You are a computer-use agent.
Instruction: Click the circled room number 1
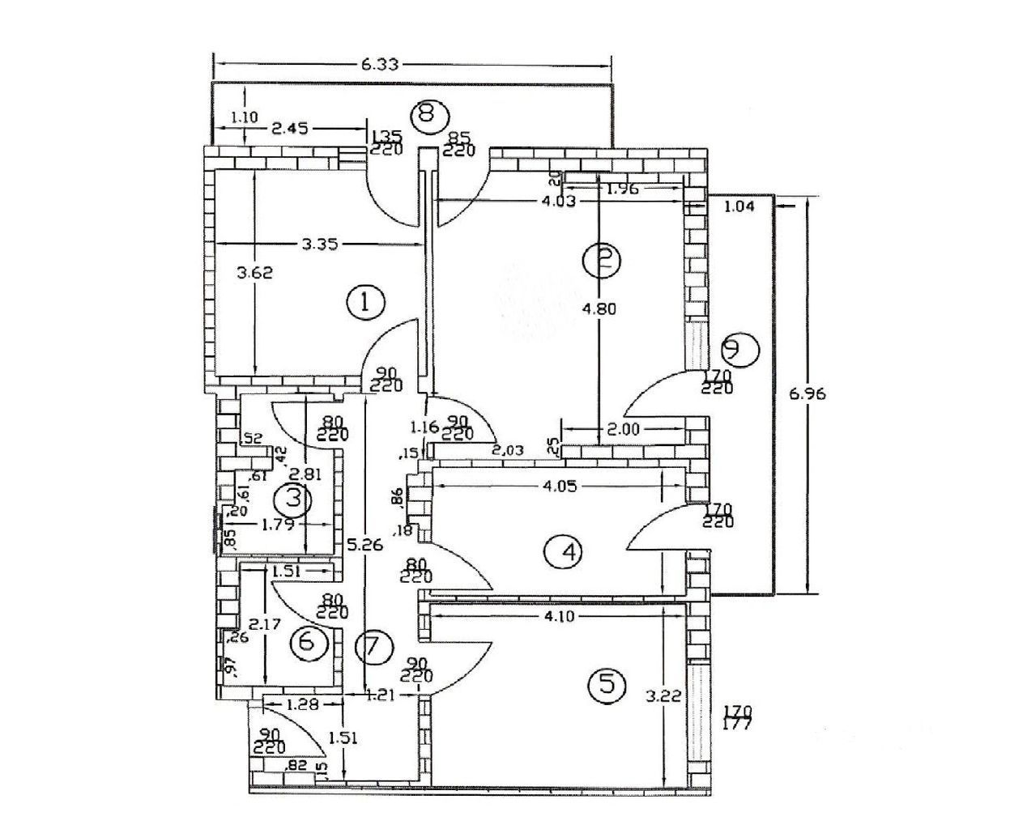[365, 303]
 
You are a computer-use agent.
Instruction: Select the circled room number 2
[601, 260]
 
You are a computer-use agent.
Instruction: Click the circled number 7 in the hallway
[373, 647]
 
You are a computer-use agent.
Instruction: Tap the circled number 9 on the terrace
[739, 349]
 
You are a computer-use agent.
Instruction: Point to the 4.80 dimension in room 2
[599, 308]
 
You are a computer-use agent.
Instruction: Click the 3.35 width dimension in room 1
[319, 243]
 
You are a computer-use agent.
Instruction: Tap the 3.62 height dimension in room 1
[254, 273]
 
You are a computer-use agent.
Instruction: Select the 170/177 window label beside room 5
[737, 718]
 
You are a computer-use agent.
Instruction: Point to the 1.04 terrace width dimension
[739, 206]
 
